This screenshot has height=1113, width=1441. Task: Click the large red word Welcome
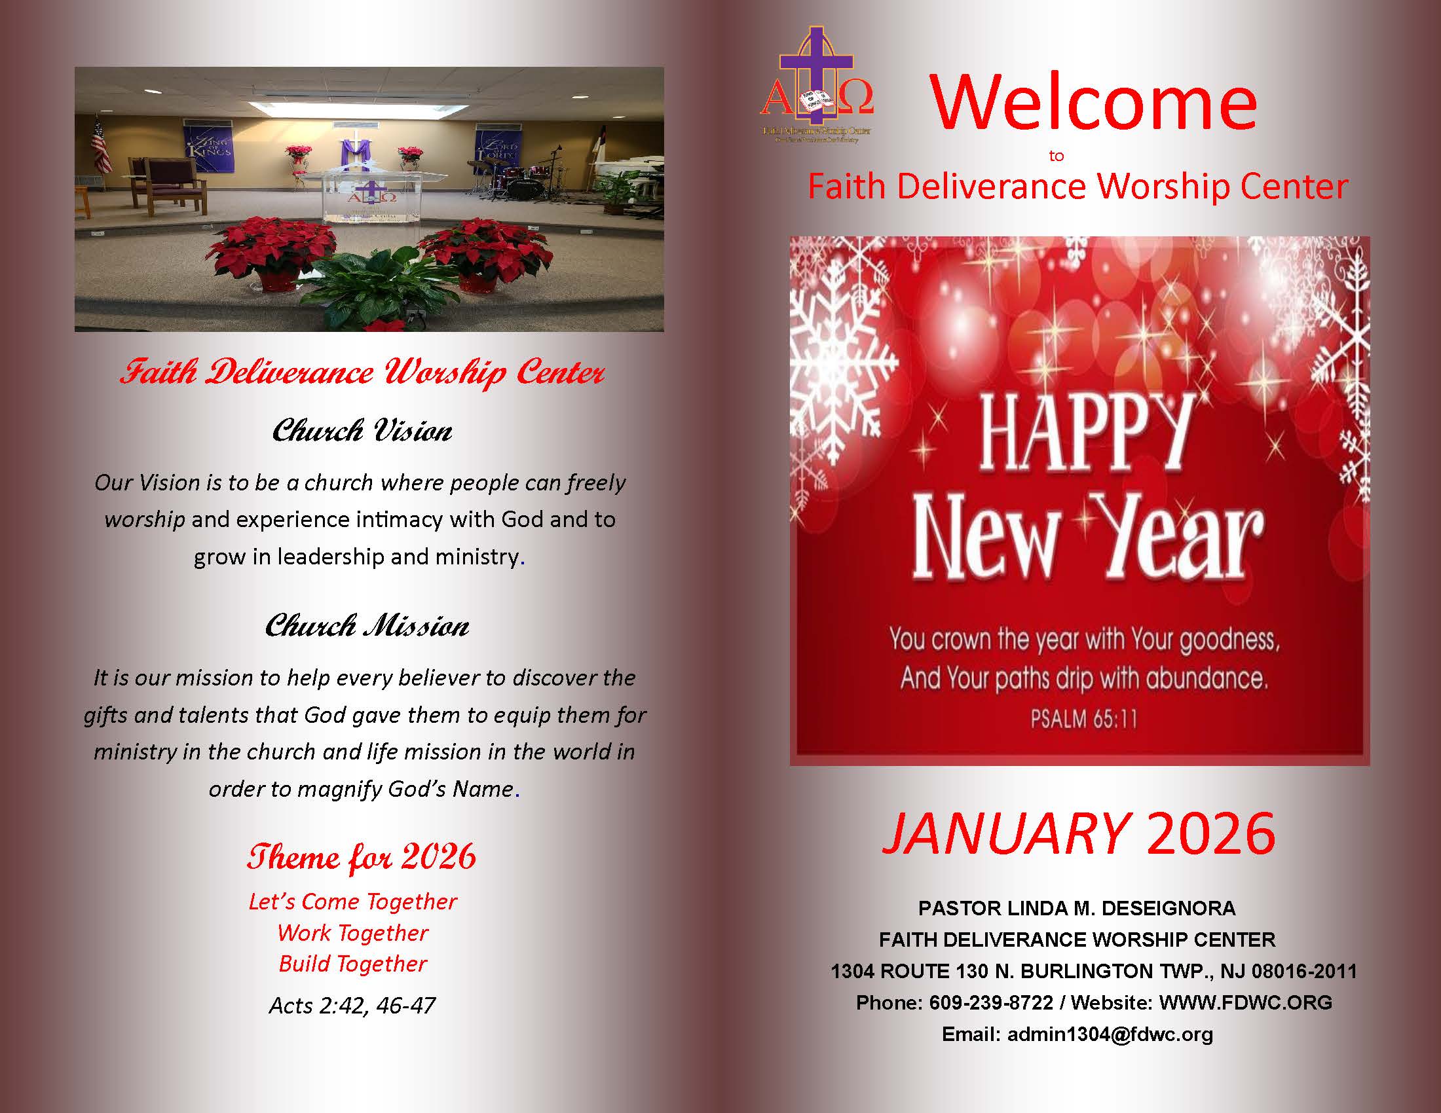pyautogui.click(x=1093, y=103)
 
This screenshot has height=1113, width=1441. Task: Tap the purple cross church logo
pyautogui.click(x=817, y=82)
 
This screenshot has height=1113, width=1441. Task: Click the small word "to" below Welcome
pyautogui.click(x=1056, y=156)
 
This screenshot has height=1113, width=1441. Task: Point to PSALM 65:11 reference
pyautogui.click(x=1084, y=719)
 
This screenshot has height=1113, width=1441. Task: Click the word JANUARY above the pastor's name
pyautogui.click(x=1005, y=833)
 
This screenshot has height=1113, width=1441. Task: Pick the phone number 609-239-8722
pyautogui.click(x=990, y=1003)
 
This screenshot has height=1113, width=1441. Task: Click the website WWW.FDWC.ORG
pyautogui.click(x=1245, y=1003)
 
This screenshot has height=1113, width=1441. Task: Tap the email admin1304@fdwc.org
pyautogui.click(x=1110, y=1034)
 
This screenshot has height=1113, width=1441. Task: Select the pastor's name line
pyautogui.click(x=1077, y=909)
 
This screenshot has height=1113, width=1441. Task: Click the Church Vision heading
pyautogui.click(x=362, y=431)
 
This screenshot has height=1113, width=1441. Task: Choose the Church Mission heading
pyautogui.click(x=367, y=626)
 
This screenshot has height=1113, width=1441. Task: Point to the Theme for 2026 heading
pyautogui.click(x=361, y=856)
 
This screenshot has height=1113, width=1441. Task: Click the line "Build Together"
pyautogui.click(x=353, y=964)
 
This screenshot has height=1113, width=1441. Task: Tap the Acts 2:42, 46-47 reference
pyautogui.click(x=352, y=1006)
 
